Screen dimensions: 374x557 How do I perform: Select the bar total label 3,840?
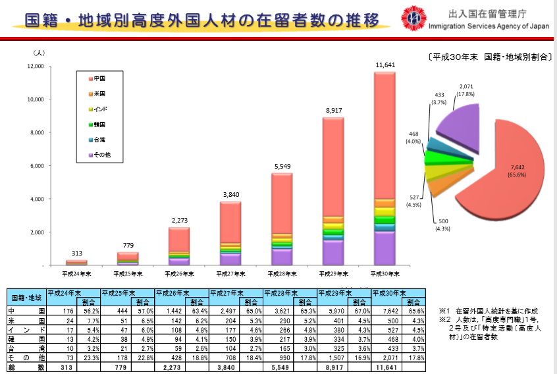(230, 196)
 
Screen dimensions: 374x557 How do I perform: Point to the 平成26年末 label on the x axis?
(179, 273)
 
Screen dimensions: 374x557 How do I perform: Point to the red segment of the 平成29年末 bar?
(333, 165)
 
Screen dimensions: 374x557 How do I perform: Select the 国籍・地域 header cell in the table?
(27, 298)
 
